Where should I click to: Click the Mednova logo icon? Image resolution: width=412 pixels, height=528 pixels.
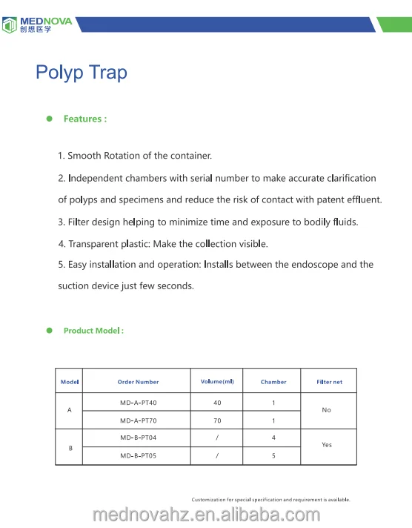click(10, 25)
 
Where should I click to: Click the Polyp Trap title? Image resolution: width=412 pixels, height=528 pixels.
click(82, 73)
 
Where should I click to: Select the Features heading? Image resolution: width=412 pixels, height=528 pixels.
click(85, 119)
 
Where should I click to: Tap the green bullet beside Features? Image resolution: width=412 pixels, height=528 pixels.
click(50, 119)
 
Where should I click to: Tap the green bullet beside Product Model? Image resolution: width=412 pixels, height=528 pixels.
click(50, 331)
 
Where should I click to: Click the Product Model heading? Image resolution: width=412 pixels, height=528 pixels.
click(93, 331)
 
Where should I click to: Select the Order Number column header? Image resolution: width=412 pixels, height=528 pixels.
click(138, 382)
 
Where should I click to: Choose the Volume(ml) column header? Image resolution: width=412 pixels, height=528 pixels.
click(217, 382)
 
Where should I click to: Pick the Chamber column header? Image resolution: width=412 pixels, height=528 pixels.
click(273, 382)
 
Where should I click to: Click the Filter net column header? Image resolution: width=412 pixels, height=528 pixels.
click(329, 382)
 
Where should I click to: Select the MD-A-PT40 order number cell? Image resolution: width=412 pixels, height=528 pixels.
click(138, 403)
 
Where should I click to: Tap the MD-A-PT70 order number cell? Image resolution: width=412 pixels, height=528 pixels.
click(138, 420)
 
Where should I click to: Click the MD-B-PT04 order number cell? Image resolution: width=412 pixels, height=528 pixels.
click(138, 438)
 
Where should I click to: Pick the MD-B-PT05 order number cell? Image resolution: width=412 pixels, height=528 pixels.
click(138, 455)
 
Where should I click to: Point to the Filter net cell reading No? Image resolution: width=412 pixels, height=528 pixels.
click(327, 410)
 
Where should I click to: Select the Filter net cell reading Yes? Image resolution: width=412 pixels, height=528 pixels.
click(327, 446)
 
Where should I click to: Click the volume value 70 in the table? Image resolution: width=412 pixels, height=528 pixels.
click(217, 420)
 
